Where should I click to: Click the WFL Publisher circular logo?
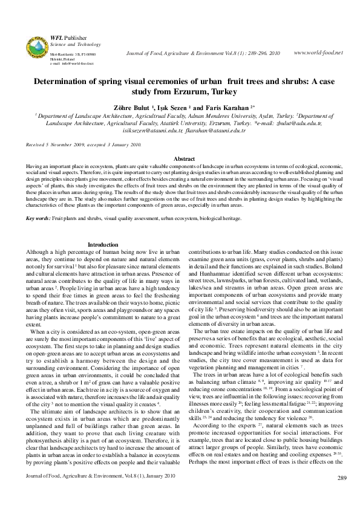tap(34, 47)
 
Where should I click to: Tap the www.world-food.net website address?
tap(318, 53)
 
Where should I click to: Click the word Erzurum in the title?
tap(183, 92)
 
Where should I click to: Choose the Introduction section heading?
tap(103, 245)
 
